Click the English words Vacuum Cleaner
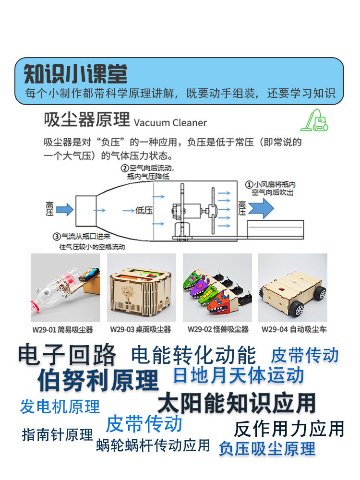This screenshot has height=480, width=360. [x=170, y=122]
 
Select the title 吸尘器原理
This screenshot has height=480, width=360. [x=87, y=120]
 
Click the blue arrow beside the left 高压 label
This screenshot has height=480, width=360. [x=65, y=209]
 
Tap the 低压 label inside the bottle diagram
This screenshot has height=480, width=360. [x=144, y=210]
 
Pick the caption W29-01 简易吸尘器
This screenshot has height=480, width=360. [x=62, y=330]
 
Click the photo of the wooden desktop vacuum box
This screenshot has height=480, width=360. [x=141, y=288]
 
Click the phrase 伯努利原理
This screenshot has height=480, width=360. [x=98, y=380]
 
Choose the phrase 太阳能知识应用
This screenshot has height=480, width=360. [x=237, y=403]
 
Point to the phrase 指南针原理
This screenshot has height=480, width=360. [x=57, y=435]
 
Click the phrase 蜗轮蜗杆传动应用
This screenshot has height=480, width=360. [x=153, y=445]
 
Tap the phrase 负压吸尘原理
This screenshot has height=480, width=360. [x=267, y=448]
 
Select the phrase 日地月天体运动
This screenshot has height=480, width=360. [x=239, y=375]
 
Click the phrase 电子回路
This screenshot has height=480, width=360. [x=68, y=355]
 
